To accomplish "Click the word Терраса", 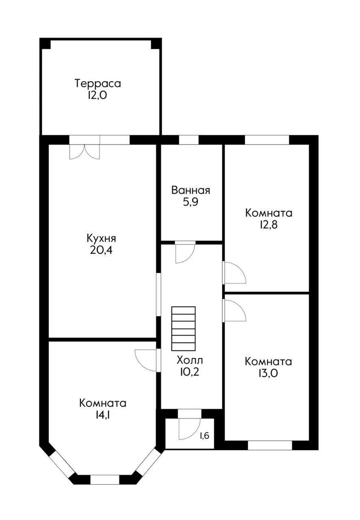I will pyautogui.click(x=98, y=84).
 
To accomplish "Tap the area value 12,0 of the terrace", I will pyautogui.click(x=98, y=95).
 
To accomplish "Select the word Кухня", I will pyautogui.click(x=101, y=238).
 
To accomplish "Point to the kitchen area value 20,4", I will pyautogui.click(x=101, y=249).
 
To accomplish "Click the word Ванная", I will pyautogui.click(x=191, y=190).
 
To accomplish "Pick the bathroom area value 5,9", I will pyautogui.click(x=191, y=202).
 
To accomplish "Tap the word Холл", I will pyautogui.click(x=190, y=360).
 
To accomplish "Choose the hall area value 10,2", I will pyautogui.click(x=190, y=372).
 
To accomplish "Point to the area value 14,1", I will pyautogui.click(x=102, y=415).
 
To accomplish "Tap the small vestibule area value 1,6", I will pyautogui.click(x=204, y=436).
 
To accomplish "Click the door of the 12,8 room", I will pyautogui.click(x=234, y=273).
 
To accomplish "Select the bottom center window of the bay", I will pyautogui.click(x=104, y=479).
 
